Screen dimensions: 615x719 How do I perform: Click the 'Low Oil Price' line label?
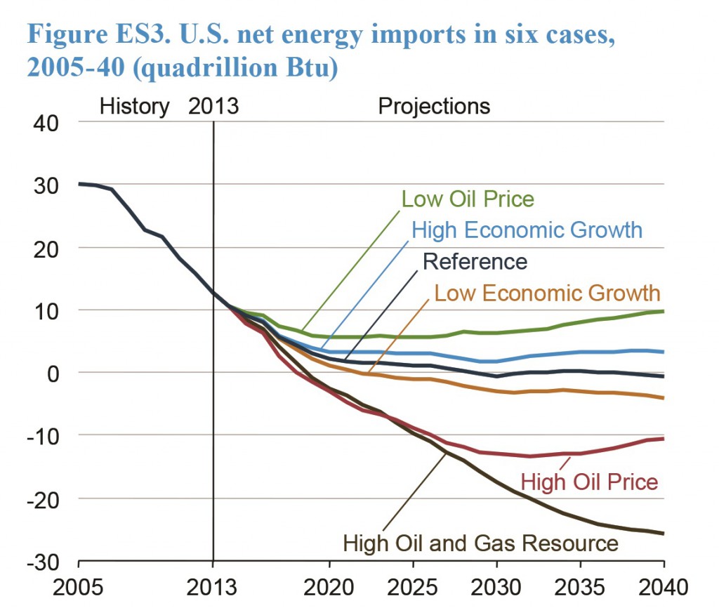[468, 199]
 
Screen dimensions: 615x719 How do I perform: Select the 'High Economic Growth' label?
[527, 230]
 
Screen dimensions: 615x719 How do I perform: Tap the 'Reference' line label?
[475, 262]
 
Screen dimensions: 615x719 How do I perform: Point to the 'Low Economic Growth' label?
[547, 292]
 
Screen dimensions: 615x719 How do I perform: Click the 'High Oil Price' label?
[589, 482]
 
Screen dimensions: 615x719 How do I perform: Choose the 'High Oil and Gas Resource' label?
[480, 543]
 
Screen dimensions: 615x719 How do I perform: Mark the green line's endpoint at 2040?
[664, 311]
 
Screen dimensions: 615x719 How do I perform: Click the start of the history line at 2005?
[79, 184]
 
